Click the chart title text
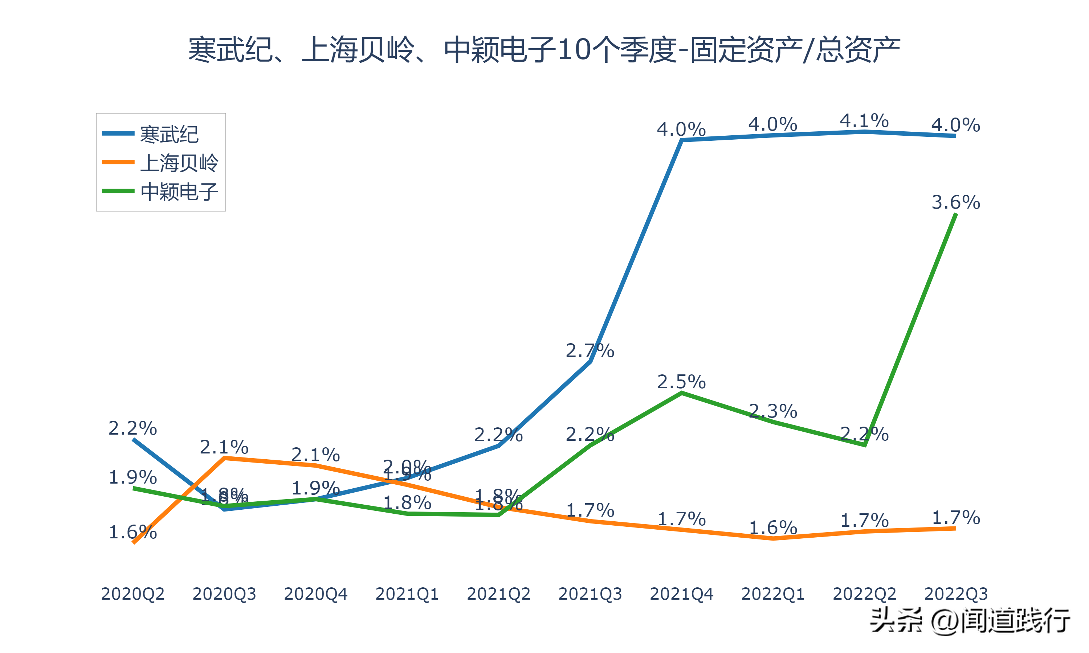pyautogui.click(x=544, y=50)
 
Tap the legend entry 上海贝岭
pyautogui.click(x=179, y=163)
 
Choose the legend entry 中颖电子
pyautogui.click(x=179, y=192)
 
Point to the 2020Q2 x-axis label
pyautogui.click(x=132, y=594)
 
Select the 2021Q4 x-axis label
pyautogui.click(x=681, y=594)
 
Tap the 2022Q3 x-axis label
pyautogui.click(x=956, y=594)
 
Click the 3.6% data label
pyautogui.click(x=956, y=202)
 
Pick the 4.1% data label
pyautogui.click(x=864, y=120)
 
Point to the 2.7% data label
pyautogui.click(x=590, y=351)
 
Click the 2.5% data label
pyautogui.click(x=681, y=382)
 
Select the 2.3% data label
pyautogui.click(x=773, y=411)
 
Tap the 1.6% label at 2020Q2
pyautogui.click(x=132, y=533)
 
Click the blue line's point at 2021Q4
pyautogui.click(x=681, y=140)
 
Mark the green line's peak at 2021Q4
pyautogui.click(x=681, y=393)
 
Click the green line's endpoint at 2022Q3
pyautogui.click(x=956, y=214)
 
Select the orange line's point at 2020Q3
pyautogui.click(x=224, y=458)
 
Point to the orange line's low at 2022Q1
pyautogui.click(x=773, y=538)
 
